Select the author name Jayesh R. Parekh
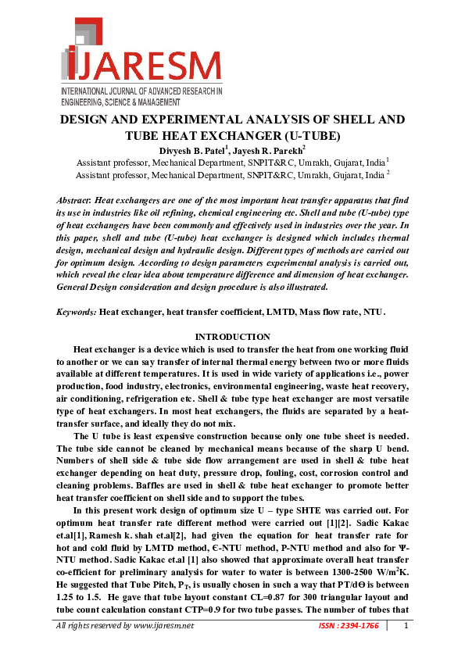268,150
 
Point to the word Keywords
76,312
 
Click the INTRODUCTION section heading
232,337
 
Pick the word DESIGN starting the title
88,120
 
